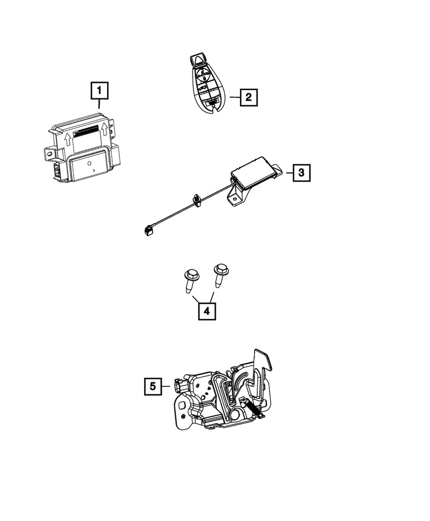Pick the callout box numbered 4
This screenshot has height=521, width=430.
(207, 311)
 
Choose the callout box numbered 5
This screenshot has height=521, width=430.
(152, 386)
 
